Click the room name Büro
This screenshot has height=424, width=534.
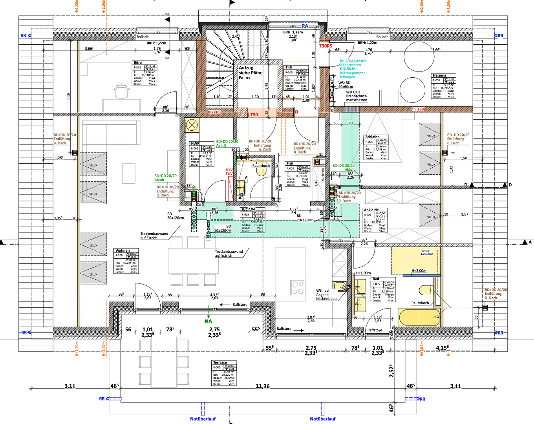(138, 62)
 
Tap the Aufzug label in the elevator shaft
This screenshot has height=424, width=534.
(246, 68)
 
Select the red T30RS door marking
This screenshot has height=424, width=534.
(326, 46)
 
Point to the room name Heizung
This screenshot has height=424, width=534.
(439, 75)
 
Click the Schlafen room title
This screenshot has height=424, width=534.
(372, 137)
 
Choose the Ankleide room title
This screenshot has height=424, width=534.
(371, 210)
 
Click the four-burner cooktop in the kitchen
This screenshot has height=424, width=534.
(298, 287)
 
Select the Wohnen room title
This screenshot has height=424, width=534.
(123, 250)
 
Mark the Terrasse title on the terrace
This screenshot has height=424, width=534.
(220, 362)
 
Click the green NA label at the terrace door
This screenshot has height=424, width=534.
(208, 321)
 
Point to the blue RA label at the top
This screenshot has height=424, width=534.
(305, 26)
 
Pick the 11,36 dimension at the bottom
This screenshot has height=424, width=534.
(263, 386)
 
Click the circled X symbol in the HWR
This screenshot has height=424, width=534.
(192, 126)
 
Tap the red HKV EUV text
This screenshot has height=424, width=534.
(229, 172)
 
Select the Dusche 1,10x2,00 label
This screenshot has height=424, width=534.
(426, 252)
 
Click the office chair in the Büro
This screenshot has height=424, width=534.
(122, 91)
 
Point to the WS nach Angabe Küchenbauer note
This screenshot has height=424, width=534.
(327, 295)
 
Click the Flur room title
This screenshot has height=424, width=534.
(290, 163)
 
